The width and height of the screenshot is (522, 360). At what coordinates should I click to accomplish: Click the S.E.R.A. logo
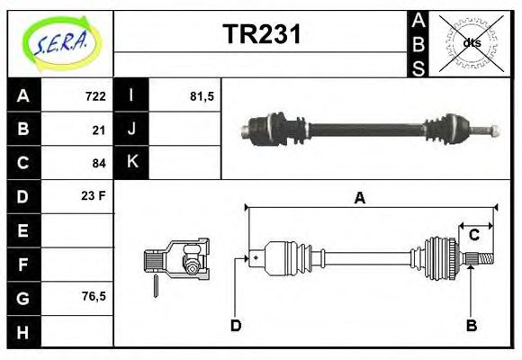click(61, 42)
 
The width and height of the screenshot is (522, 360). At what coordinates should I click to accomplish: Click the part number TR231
click(261, 35)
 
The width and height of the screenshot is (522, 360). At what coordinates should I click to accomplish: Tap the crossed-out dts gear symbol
click(471, 42)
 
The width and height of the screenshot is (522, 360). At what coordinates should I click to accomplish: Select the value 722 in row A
click(94, 96)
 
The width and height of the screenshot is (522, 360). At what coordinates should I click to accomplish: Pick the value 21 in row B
click(99, 130)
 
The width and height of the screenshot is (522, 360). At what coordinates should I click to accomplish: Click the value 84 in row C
click(99, 163)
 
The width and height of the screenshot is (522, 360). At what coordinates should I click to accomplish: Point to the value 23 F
click(94, 194)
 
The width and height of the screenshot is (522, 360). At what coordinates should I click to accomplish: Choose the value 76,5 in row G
click(93, 295)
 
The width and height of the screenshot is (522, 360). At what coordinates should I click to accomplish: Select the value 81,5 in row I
click(202, 96)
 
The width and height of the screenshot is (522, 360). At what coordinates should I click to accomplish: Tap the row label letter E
click(23, 230)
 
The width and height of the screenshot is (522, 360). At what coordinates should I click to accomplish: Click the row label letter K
click(131, 163)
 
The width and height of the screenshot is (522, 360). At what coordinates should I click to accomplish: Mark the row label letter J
click(131, 130)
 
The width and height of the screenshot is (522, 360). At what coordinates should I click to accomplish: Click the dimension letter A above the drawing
click(359, 199)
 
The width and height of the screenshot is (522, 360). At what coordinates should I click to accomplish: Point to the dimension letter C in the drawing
click(473, 236)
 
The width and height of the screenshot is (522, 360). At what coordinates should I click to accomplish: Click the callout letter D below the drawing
click(236, 325)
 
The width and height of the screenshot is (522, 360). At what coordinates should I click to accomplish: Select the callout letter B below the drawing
click(471, 325)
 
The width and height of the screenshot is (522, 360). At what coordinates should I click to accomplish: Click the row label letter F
click(23, 265)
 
